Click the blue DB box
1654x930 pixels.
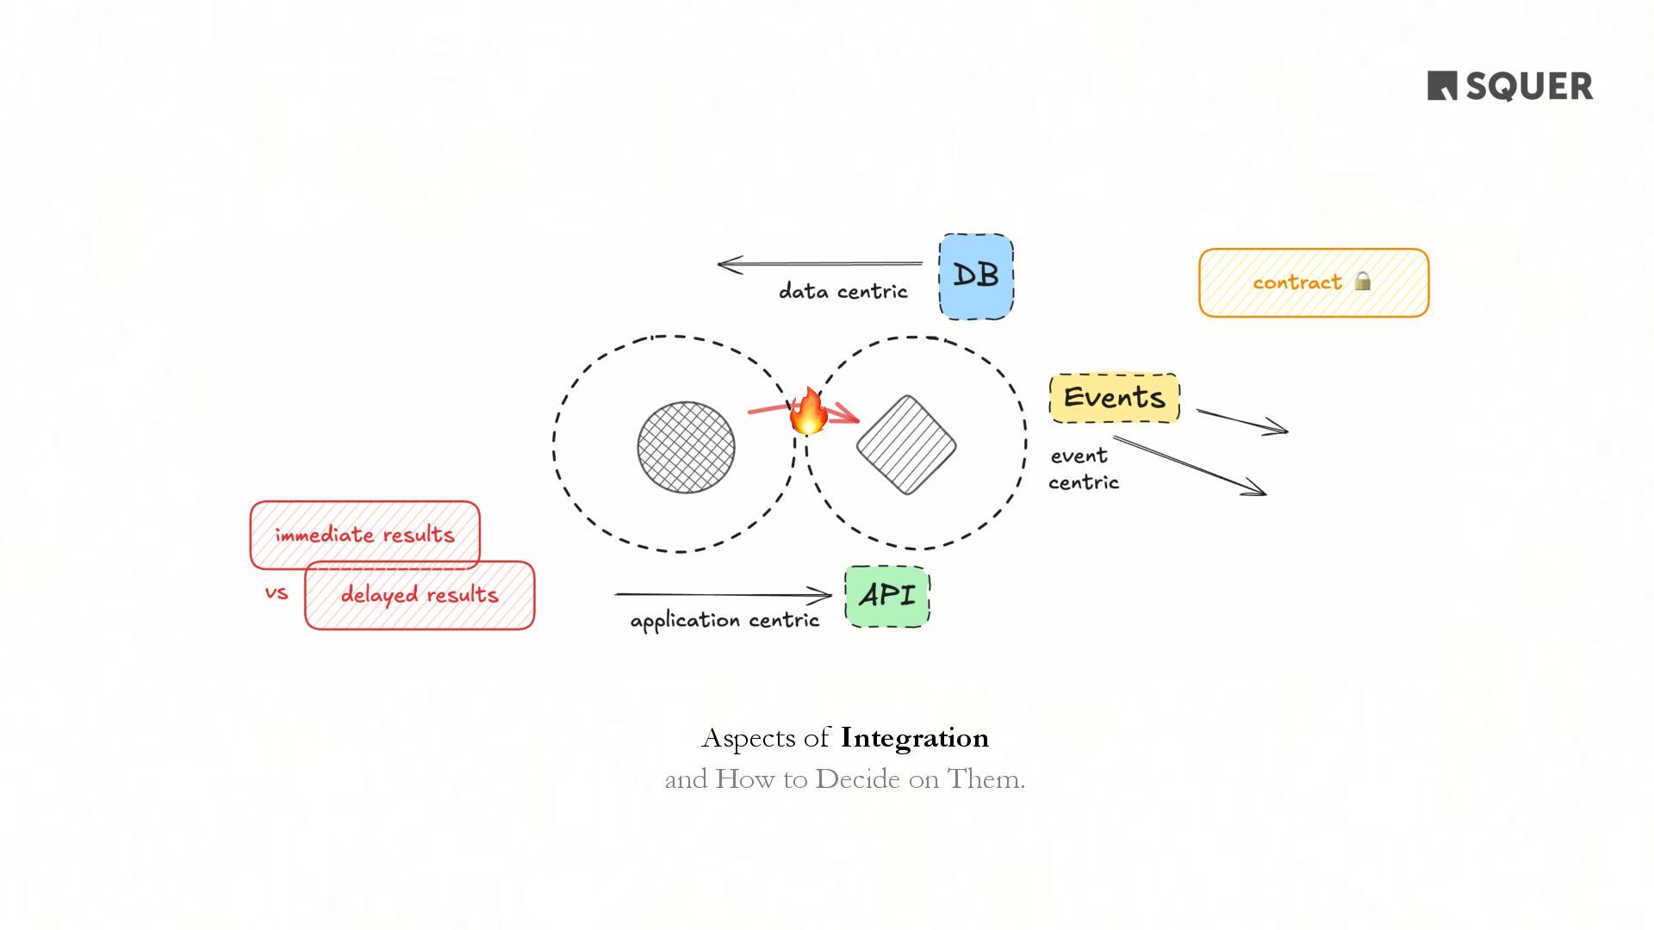click(975, 276)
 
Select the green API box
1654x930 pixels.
click(887, 596)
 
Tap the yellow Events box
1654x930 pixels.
click(1114, 398)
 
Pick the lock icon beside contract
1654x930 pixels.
click(1362, 281)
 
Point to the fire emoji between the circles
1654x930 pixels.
click(809, 412)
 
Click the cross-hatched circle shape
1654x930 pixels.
click(686, 447)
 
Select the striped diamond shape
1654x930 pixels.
click(906, 445)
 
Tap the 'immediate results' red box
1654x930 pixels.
click(364, 534)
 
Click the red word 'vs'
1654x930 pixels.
click(277, 593)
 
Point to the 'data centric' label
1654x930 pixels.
click(843, 292)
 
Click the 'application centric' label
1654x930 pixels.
click(724, 621)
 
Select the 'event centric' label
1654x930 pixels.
click(1083, 469)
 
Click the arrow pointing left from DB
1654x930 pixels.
click(818, 263)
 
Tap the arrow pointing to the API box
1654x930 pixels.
click(724, 594)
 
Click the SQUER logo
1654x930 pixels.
click(1509, 86)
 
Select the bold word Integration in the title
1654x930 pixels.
click(914, 738)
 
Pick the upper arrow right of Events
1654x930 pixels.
click(1242, 421)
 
